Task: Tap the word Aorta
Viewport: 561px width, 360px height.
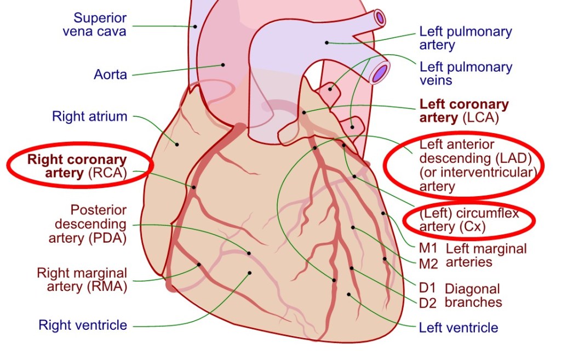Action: point(110,74)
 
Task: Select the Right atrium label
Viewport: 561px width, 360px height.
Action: point(89,116)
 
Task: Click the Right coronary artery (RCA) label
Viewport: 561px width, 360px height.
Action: point(77,167)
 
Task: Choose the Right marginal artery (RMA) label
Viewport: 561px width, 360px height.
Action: point(82,279)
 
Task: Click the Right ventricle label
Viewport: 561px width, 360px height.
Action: point(83,325)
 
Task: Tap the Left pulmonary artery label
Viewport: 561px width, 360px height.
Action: point(465,38)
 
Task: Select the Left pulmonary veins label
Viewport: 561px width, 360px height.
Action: point(466,73)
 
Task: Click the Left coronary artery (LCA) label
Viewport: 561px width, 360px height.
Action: point(464,111)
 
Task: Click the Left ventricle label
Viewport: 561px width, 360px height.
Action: point(459,328)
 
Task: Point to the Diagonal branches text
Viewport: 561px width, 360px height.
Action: point(473,295)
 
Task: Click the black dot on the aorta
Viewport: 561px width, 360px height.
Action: point(223,65)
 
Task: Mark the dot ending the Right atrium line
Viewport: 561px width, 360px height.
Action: point(177,145)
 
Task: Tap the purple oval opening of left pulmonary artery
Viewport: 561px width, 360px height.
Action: point(380,18)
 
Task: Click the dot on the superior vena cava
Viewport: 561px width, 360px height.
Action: point(194,26)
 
